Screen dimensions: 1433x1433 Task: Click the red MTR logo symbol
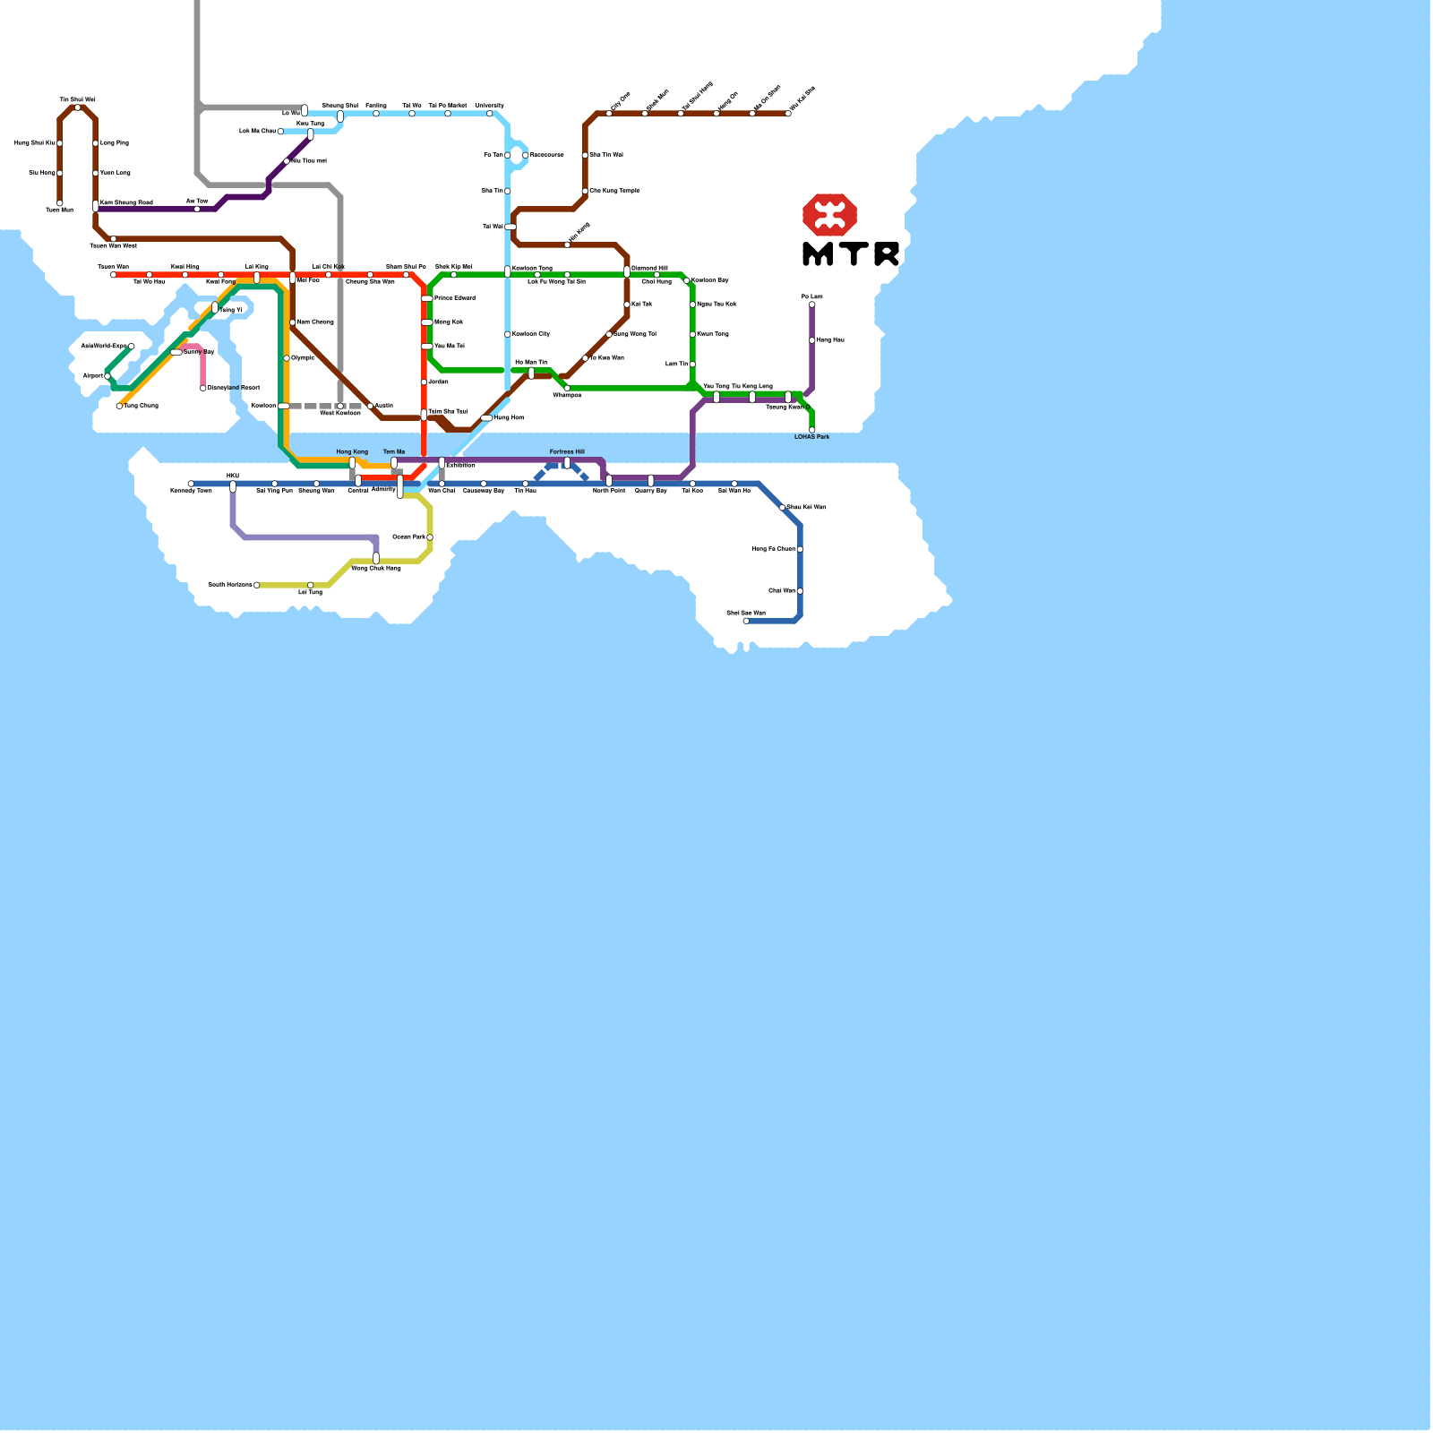click(x=829, y=215)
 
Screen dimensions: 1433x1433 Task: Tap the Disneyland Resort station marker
click(x=203, y=388)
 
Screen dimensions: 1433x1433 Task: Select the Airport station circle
click(x=107, y=376)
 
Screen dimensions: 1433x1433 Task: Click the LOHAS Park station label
click(x=811, y=437)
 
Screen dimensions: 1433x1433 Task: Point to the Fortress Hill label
click(x=567, y=452)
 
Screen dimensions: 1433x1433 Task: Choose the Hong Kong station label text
click(x=352, y=452)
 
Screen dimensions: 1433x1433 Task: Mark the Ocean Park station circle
click(x=430, y=537)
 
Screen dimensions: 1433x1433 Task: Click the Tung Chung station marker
click(x=119, y=406)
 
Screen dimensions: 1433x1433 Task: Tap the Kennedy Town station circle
click(x=191, y=484)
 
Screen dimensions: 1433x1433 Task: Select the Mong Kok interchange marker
click(x=426, y=322)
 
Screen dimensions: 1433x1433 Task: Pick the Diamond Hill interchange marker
click(x=627, y=271)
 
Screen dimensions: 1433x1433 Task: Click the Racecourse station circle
click(x=526, y=155)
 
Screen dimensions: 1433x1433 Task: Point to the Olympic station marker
click(x=287, y=358)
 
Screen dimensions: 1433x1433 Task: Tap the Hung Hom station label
click(x=509, y=418)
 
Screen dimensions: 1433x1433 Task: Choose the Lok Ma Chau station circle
click(x=280, y=132)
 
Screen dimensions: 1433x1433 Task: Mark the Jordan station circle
click(x=424, y=382)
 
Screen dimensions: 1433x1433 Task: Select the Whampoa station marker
click(x=567, y=388)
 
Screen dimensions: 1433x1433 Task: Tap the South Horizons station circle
click(x=257, y=585)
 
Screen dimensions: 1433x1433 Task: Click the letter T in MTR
click(x=851, y=254)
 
